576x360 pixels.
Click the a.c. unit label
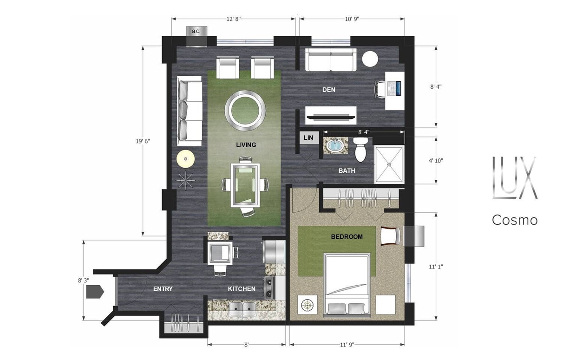pyautogui.click(x=196, y=31)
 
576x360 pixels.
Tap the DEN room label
pyautogui.click(x=329, y=90)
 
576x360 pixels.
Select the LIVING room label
pyautogui.click(x=246, y=145)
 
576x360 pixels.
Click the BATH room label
pyautogui.click(x=347, y=171)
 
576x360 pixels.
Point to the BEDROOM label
pyautogui.click(x=347, y=237)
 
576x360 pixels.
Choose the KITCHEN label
pyautogui.click(x=242, y=289)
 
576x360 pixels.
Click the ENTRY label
pyautogui.click(x=163, y=289)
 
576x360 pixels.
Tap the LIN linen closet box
pyautogui.click(x=308, y=138)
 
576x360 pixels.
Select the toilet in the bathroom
pyautogui.click(x=360, y=148)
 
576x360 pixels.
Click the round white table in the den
pyautogui.click(x=370, y=59)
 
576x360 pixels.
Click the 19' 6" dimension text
pyautogui.click(x=144, y=141)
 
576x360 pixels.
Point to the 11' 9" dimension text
pyautogui.click(x=347, y=345)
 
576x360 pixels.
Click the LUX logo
pyautogui.click(x=514, y=178)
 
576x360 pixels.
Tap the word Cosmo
pyautogui.click(x=515, y=220)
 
